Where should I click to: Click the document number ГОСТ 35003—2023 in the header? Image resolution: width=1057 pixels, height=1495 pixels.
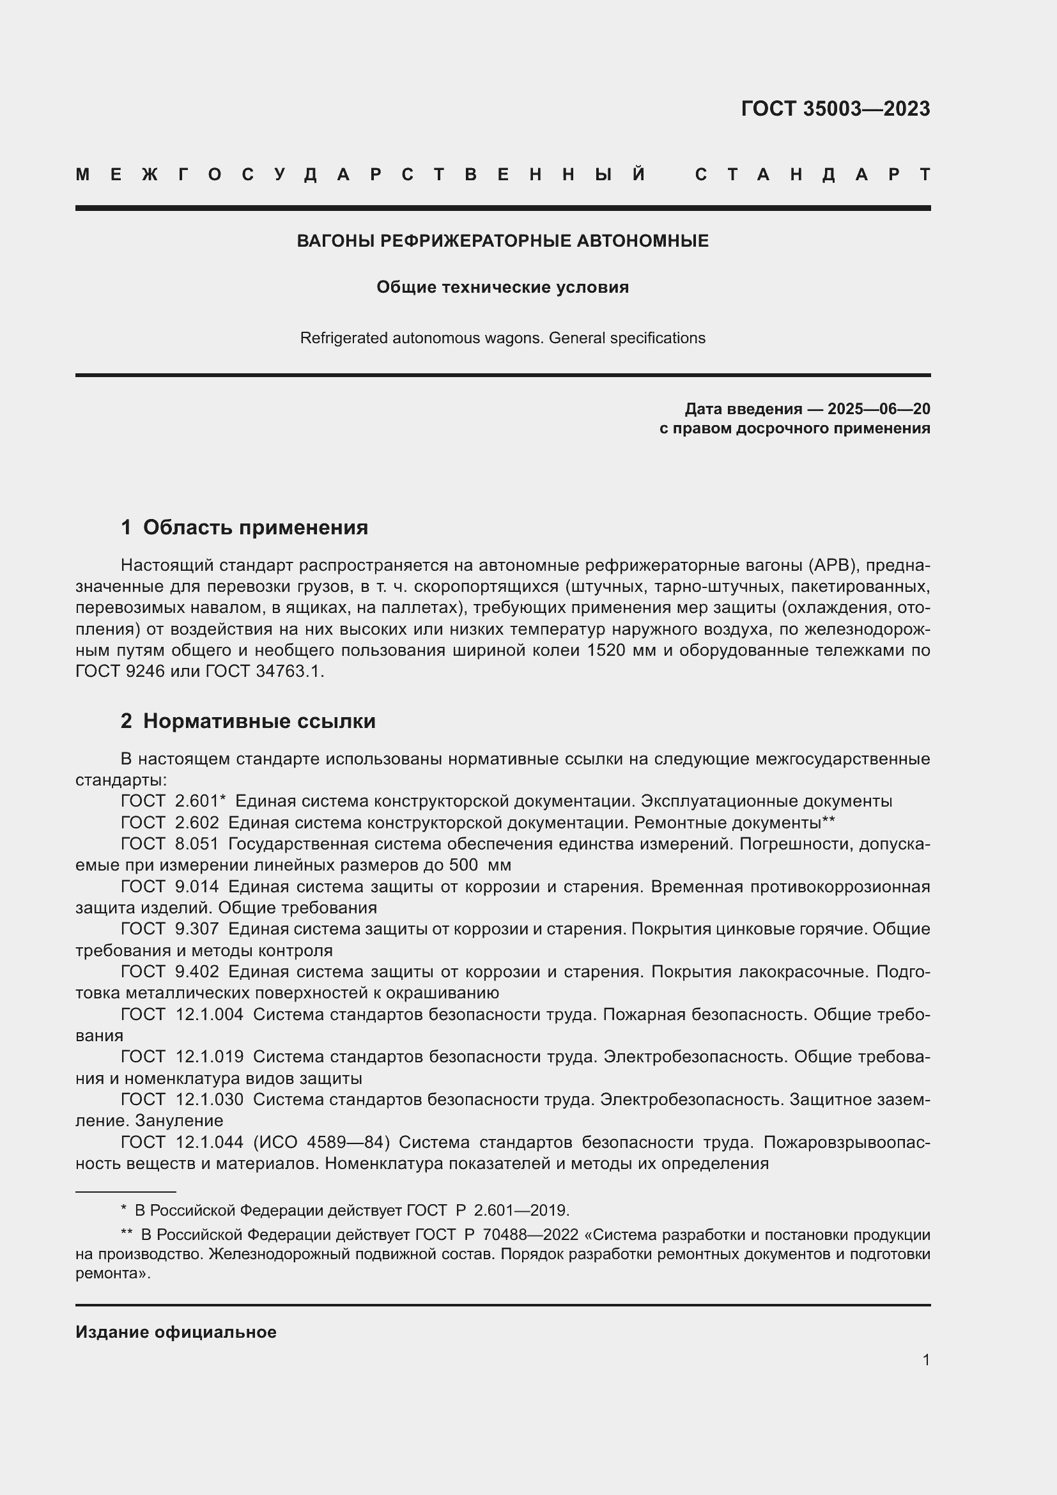(835, 109)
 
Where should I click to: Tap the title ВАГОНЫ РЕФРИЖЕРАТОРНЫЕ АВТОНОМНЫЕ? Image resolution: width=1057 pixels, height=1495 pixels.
(502, 241)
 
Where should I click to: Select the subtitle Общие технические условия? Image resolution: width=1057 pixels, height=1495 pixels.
(502, 287)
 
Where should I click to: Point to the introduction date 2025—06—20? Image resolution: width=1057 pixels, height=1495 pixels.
(879, 409)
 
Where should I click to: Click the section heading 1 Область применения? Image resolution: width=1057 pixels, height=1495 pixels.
(245, 527)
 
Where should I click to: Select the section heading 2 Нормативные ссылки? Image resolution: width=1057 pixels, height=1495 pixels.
(248, 721)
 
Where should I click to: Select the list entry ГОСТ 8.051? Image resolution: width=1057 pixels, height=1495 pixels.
(170, 844)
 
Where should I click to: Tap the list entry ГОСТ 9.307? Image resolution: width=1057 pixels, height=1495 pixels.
(170, 929)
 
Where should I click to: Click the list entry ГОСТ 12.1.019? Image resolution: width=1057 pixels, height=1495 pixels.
(182, 1056)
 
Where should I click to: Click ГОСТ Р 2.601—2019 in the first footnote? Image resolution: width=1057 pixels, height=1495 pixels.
(488, 1211)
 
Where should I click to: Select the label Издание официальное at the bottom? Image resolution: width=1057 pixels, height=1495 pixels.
(176, 1332)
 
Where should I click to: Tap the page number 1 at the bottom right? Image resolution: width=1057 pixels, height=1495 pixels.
(926, 1359)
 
